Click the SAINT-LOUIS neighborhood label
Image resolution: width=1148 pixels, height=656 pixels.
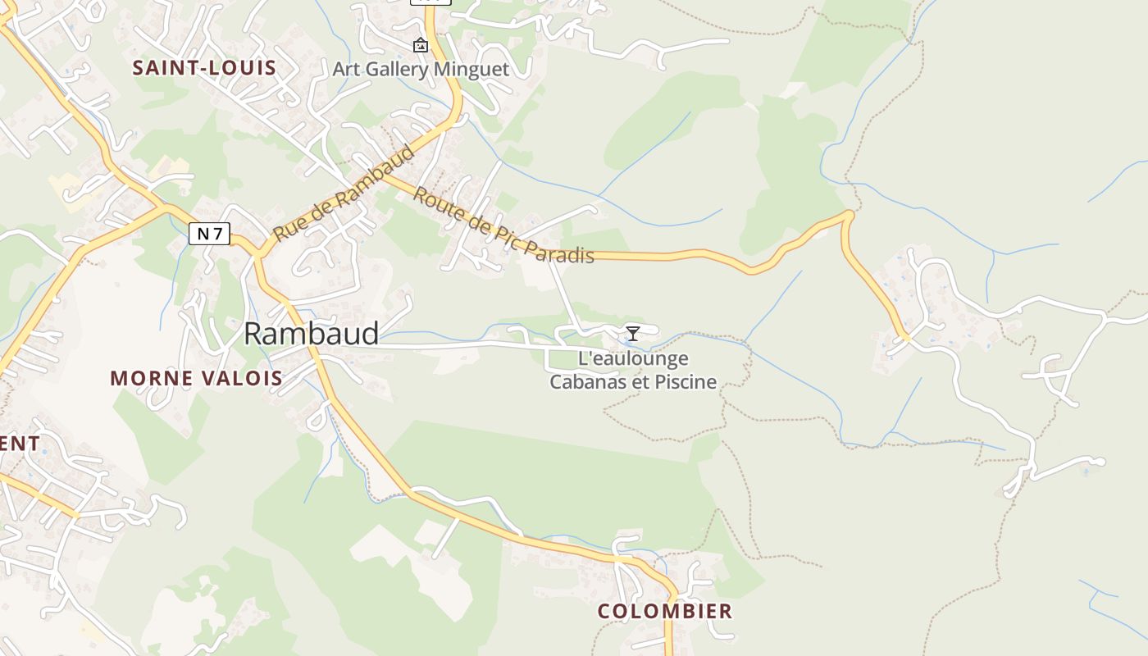[204, 68]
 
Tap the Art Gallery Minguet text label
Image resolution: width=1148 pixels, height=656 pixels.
[421, 69]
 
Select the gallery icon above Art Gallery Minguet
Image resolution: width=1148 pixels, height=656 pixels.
[421, 45]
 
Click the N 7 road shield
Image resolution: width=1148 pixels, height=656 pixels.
[210, 234]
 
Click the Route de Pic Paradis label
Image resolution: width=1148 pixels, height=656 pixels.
[503, 225]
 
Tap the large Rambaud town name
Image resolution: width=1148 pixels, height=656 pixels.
[312, 334]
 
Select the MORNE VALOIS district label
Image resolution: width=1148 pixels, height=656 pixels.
[196, 378]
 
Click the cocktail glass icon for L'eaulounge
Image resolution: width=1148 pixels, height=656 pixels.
[632, 333]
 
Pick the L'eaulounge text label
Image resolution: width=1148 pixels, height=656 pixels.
[633, 358]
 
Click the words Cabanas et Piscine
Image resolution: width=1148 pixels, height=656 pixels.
[633, 381]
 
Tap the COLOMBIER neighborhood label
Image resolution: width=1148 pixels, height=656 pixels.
[664, 611]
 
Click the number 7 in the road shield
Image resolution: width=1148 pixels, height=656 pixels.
[217, 234]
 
